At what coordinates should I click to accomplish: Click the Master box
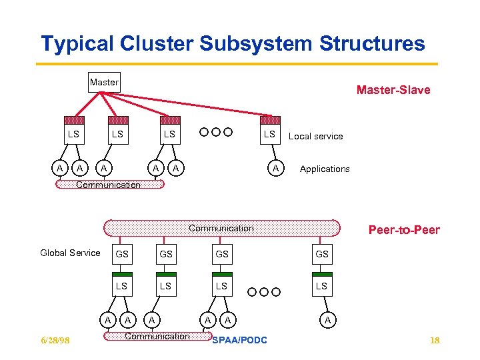point(104,83)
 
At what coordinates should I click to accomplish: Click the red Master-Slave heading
point(393,90)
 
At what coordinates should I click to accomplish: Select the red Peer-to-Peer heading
point(404,230)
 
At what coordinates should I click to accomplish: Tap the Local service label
point(315,136)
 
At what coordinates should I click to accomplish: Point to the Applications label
point(325,169)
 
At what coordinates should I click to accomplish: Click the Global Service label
point(70,253)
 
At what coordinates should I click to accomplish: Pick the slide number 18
point(435,340)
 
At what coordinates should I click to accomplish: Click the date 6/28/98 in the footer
point(55,340)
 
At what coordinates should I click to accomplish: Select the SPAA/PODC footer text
point(239,340)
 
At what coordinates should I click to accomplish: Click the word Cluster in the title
point(157,43)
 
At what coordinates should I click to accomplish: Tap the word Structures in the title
point(372,43)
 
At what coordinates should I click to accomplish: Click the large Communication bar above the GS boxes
point(222,228)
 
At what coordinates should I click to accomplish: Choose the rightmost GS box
point(322,254)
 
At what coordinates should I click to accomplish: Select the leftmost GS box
point(122,254)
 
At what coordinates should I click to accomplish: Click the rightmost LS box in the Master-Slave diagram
point(270,130)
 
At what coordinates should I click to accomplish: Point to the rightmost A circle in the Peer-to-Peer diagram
point(328,320)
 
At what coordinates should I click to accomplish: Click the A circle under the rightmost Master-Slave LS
point(276,168)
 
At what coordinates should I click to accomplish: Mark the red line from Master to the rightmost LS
point(186,104)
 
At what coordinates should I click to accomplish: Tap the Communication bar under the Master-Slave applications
point(110,184)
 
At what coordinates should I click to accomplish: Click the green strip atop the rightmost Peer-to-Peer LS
point(322,274)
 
